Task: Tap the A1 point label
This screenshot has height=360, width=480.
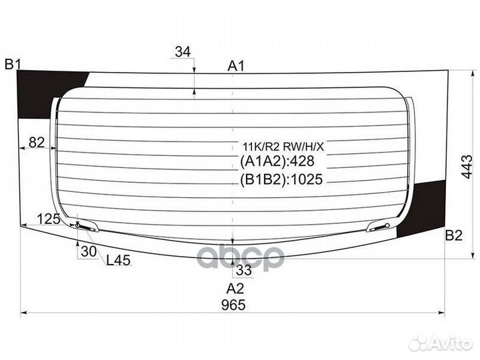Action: click(x=236, y=65)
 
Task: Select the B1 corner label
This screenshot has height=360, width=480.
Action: click(x=13, y=65)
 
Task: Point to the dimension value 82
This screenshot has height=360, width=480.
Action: click(x=37, y=142)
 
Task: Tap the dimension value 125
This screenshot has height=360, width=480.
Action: click(x=48, y=219)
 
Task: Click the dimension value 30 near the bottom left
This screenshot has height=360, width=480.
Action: click(x=87, y=251)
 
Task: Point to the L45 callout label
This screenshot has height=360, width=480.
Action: click(x=119, y=260)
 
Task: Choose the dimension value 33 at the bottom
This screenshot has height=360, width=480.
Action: click(x=243, y=270)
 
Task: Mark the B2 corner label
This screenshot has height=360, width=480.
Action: click(x=453, y=235)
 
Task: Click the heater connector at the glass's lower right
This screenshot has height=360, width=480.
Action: click(x=379, y=227)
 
